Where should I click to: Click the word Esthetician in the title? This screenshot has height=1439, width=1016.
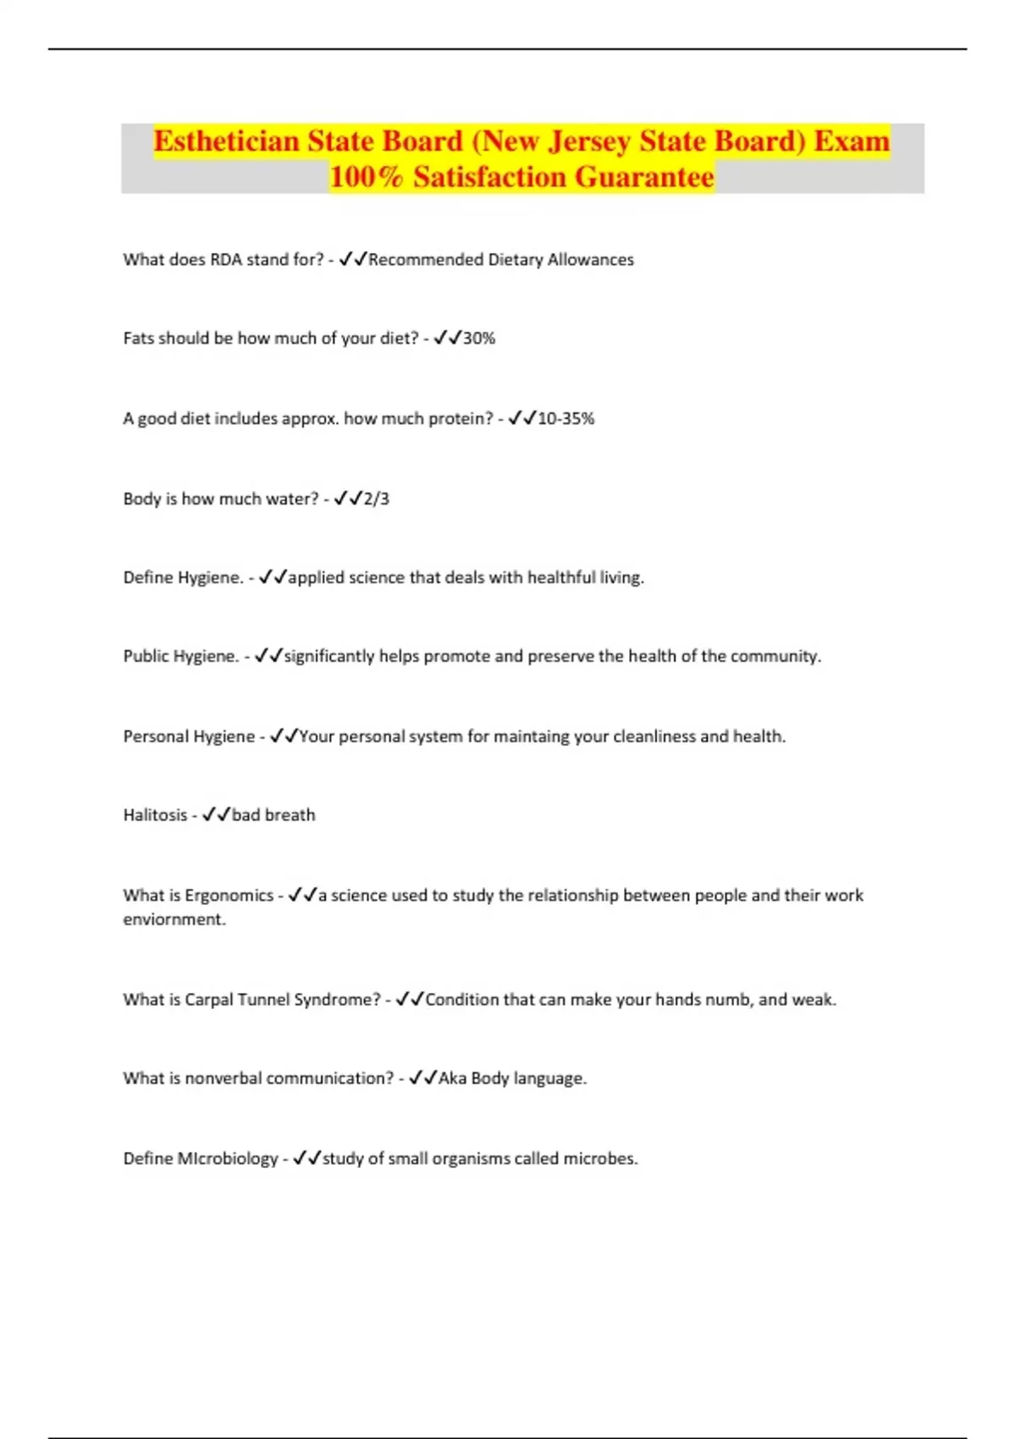[225, 141]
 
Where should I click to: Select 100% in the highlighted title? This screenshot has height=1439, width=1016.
[366, 177]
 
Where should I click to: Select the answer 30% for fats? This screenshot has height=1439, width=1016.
[478, 339]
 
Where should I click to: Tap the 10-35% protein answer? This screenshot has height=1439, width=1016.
[566, 418]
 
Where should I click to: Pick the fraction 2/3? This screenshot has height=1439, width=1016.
[377, 499]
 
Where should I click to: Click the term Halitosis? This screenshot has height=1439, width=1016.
[155, 815]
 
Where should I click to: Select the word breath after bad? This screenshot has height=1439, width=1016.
[290, 815]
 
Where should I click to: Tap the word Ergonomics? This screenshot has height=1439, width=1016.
[229, 896]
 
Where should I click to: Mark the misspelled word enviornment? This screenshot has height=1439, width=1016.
[174, 919]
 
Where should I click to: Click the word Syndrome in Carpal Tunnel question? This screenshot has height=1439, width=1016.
[337, 1000]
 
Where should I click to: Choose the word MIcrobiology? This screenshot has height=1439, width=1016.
[227, 1159]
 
